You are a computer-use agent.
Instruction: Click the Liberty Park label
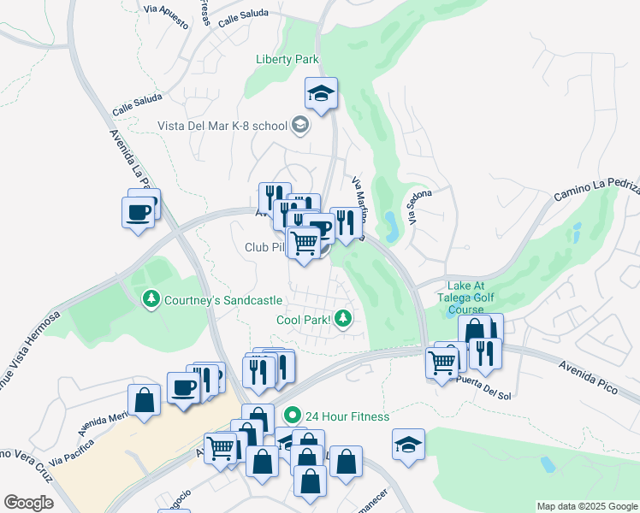pos(287,59)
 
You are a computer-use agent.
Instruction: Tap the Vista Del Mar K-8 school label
pos(222,126)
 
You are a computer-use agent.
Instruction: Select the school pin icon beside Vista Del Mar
pos(299,126)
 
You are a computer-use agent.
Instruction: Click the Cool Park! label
pos(304,321)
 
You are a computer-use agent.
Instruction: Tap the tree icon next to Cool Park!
pos(343,319)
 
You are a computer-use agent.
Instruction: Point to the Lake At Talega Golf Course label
pos(472,298)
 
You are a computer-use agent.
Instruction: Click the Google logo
pos(28,502)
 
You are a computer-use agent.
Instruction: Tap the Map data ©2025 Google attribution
pos(586,506)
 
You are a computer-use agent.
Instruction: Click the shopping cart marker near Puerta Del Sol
pos(441,363)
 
